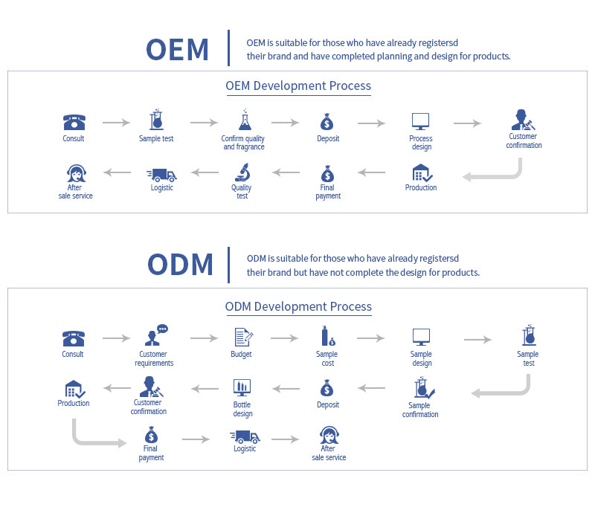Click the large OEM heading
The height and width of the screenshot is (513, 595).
click(177, 50)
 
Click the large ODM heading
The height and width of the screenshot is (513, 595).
click(180, 265)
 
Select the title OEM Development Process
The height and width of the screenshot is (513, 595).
click(298, 85)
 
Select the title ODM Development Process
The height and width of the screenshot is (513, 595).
click(298, 306)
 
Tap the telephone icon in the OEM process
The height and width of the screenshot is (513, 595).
click(74, 122)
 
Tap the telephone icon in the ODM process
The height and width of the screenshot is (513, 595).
click(73, 338)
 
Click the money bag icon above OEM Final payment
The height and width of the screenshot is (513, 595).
click(327, 174)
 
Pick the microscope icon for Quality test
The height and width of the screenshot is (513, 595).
click(242, 172)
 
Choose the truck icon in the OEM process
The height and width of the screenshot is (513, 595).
click(161, 175)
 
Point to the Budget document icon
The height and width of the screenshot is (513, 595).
click(243, 337)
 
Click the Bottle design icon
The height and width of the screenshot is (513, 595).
click(242, 387)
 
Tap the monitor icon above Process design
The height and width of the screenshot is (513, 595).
click(420, 121)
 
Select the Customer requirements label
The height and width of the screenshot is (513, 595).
click(154, 358)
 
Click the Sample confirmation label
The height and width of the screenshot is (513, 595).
click(420, 410)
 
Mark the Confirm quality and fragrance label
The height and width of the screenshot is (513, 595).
click(243, 143)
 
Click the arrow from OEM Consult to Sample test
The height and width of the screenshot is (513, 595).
click(116, 123)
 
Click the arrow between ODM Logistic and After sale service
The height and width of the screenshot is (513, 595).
click(286, 439)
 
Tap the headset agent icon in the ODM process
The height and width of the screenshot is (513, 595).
click(329, 435)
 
